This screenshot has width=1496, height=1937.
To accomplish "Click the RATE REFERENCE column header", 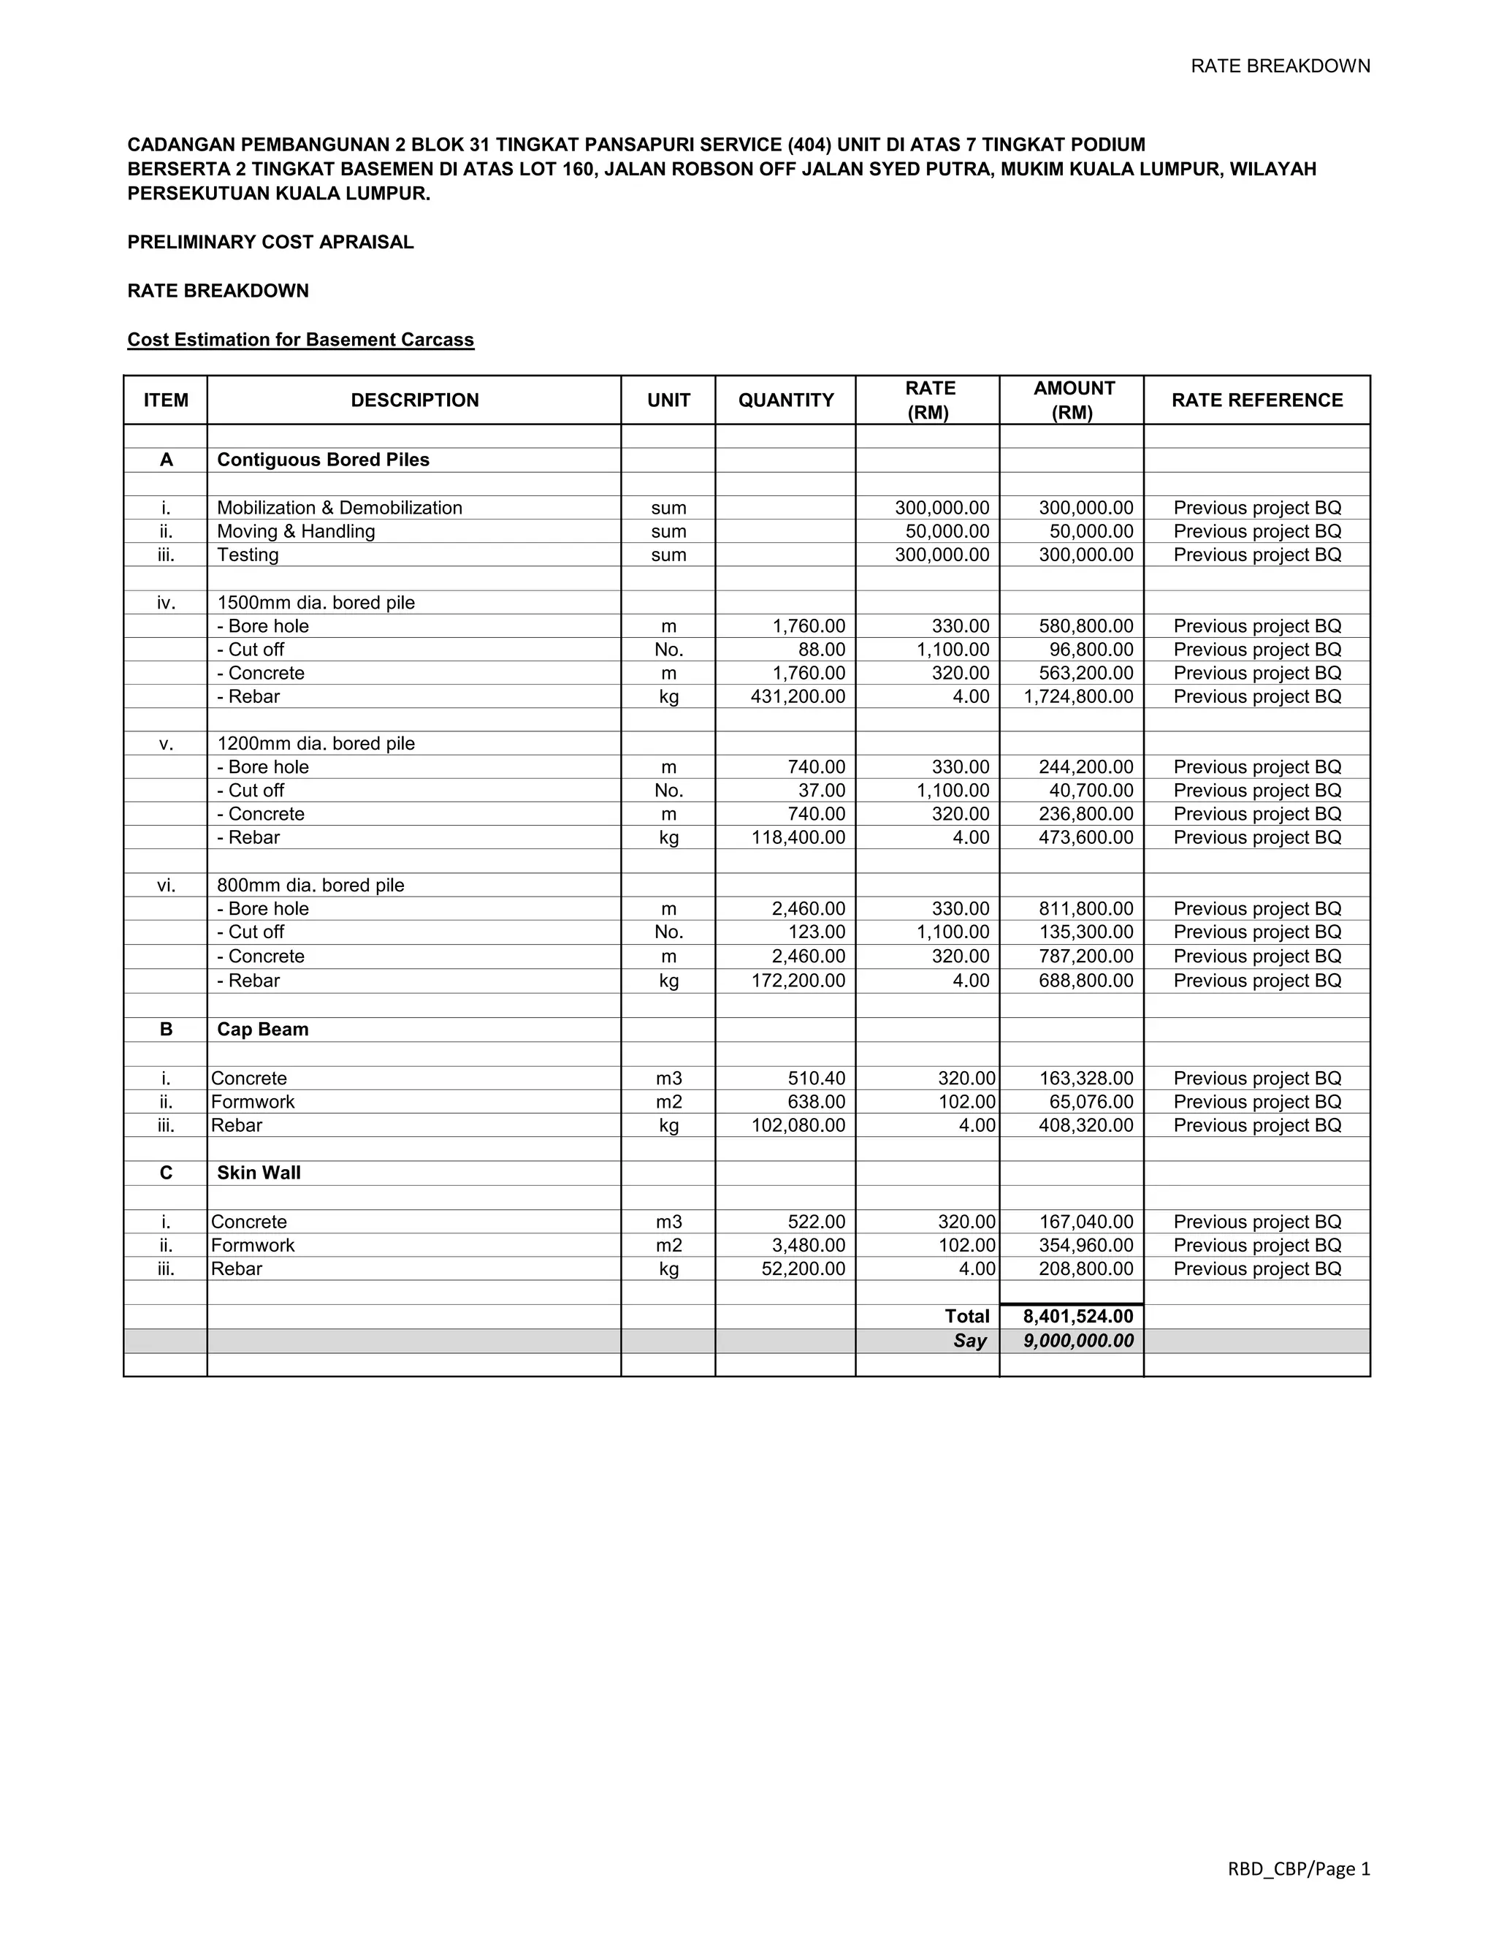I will click(1256, 400).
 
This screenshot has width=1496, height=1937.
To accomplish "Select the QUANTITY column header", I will click(786, 400).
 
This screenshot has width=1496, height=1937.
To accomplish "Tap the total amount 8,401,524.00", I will click(1077, 1316).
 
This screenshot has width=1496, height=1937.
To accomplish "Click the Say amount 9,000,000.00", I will click(1077, 1340).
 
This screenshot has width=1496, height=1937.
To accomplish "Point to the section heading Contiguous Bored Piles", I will click(323, 460).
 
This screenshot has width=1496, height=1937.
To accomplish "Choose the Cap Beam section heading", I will click(262, 1029).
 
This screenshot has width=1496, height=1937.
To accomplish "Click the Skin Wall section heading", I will click(259, 1173).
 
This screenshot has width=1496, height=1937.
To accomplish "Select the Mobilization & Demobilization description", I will click(340, 507).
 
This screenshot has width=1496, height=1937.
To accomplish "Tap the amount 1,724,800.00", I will click(1077, 696).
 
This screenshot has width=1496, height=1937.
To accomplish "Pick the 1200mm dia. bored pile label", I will click(316, 743).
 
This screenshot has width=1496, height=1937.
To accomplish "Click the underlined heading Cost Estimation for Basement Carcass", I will click(301, 340).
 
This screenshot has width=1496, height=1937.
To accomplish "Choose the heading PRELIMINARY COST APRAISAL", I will click(270, 242).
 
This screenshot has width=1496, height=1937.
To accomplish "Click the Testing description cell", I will click(248, 555).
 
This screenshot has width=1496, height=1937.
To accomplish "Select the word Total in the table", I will click(966, 1316).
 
